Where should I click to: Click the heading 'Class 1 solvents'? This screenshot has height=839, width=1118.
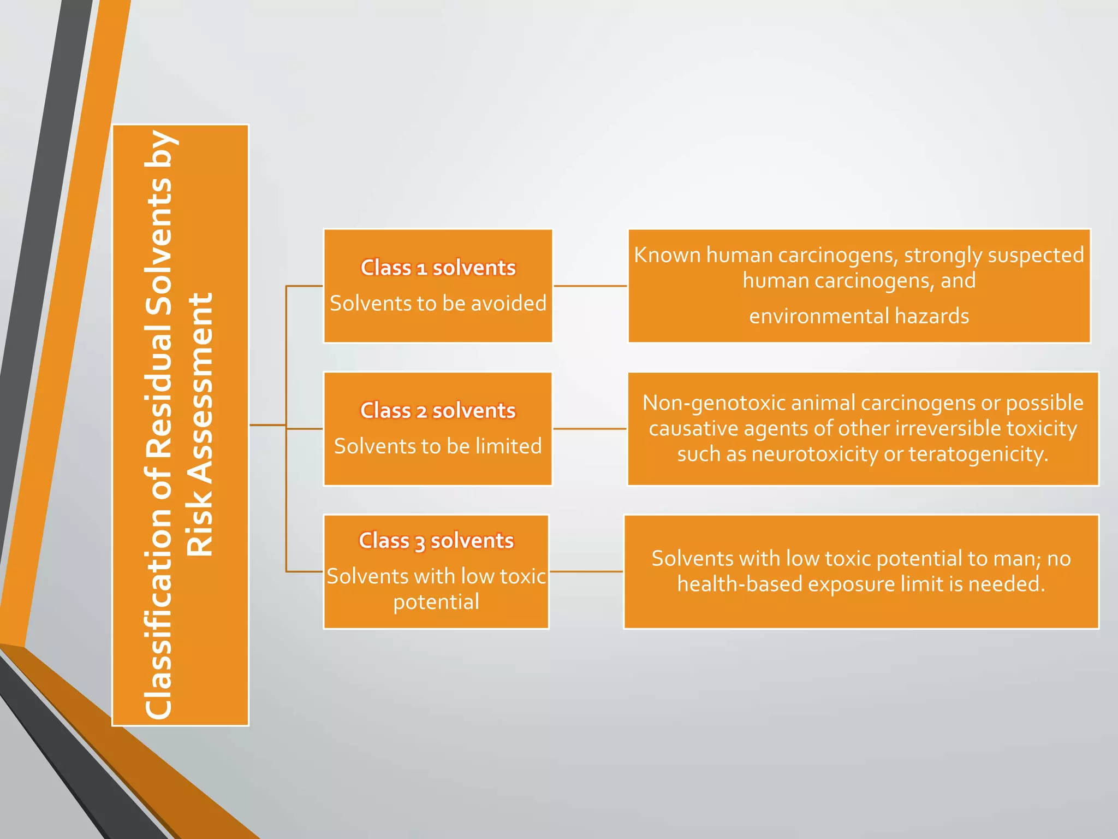(x=438, y=268)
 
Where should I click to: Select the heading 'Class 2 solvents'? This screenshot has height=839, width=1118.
(x=438, y=411)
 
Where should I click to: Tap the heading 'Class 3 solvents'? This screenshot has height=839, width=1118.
(x=436, y=541)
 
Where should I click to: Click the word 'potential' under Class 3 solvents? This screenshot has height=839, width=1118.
(x=436, y=602)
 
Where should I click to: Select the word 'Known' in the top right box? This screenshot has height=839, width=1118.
(x=667, y=255)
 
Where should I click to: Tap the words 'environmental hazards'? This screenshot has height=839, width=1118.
(x=859, y=316)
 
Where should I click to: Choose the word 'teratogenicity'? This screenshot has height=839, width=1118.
(x=978, y=454)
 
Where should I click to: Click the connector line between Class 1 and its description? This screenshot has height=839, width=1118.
(x=590, y=286)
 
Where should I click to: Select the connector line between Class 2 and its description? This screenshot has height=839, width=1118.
(x=590, y=429)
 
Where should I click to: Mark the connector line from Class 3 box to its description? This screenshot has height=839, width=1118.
(x=586, y=571)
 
